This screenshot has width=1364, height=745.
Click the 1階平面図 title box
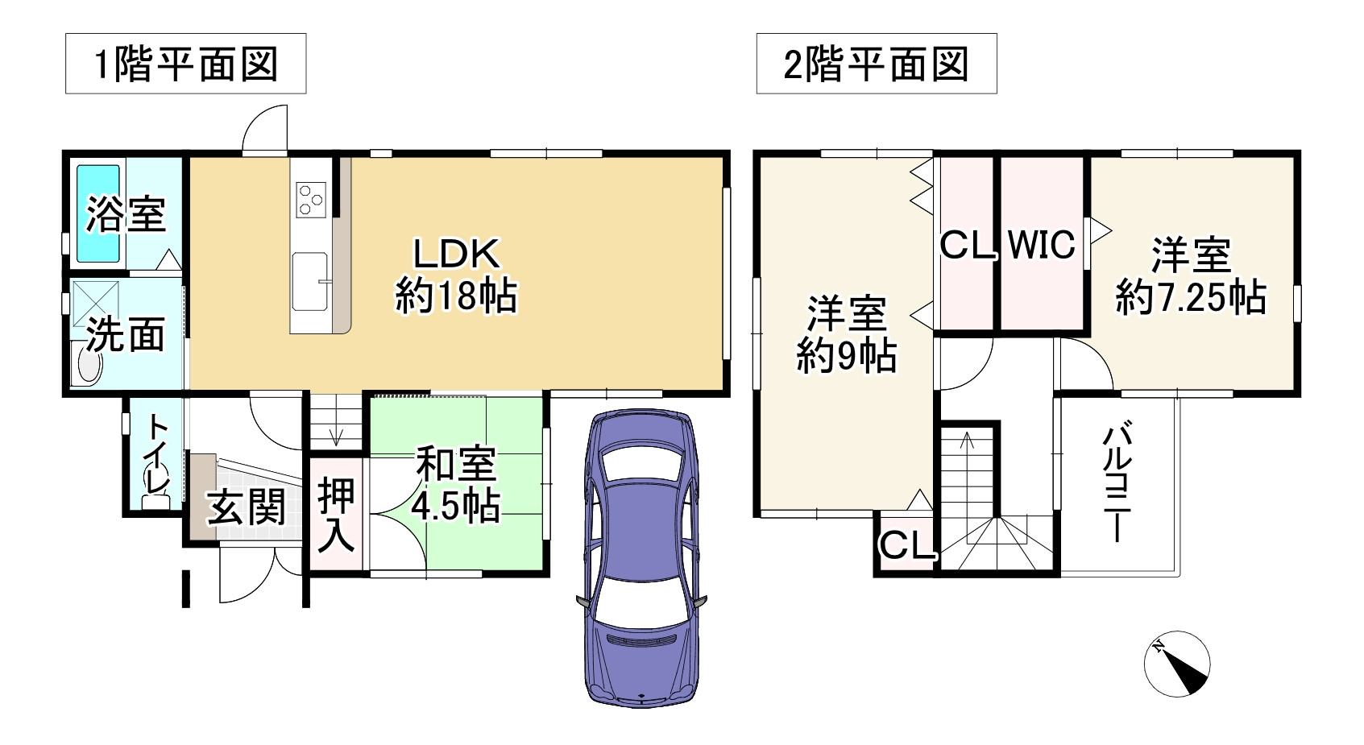[185, 64]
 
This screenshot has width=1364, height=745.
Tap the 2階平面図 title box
[876, 64]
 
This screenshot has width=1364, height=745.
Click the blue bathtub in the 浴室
[98, 213]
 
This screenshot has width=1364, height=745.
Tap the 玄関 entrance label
[246, 507]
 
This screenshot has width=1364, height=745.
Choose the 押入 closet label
[335, 515]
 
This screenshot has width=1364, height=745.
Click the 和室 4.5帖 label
[456, 485]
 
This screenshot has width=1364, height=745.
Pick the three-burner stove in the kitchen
[311, 199]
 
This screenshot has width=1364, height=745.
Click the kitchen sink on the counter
[310, 279]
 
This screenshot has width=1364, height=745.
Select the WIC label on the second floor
[1041, 244]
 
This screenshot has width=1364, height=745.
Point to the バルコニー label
[1117, 483]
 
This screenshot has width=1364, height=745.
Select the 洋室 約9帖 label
[846, 334]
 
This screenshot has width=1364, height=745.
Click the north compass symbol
[1177, 664]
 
